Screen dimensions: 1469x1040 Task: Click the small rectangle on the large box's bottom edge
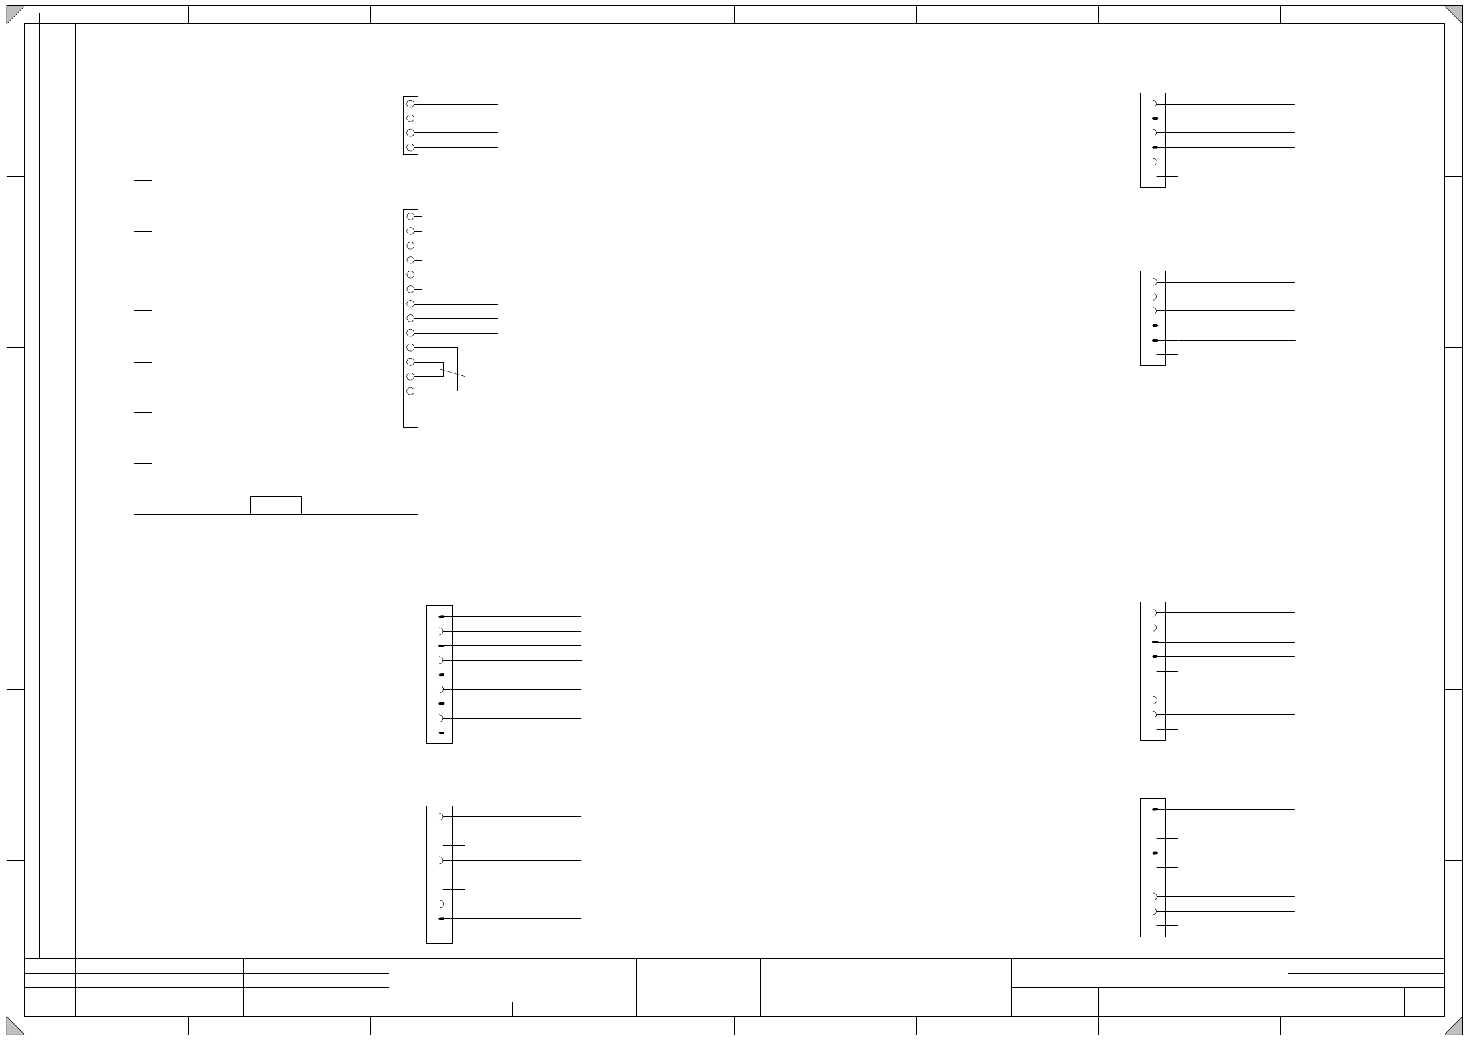click(x=275, y=505)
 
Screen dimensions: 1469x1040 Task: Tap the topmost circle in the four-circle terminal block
click(x=410, y=104)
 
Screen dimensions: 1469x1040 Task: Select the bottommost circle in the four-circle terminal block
click(x=410, y=148)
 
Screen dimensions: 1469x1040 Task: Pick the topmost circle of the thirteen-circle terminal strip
click(x=410, y=216)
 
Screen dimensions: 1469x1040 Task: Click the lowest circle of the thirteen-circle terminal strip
click(x=410, y=391)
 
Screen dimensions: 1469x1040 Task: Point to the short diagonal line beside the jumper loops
click(x=453, y=373)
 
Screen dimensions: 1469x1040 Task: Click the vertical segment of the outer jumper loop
click(x=457, y=369)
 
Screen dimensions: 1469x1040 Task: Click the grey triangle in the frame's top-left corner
click(x=13, y=13)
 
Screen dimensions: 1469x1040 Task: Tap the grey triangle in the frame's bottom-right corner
click(x=1455, y=1027)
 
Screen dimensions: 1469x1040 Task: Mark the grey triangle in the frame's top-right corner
click(x=1455, y=13)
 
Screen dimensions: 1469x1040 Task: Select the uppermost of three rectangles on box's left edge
click(x=143, y=206)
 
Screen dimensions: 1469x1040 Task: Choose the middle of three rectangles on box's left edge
click(x=143, y=336)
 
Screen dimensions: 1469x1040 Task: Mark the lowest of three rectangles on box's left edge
click(x=143, y=438)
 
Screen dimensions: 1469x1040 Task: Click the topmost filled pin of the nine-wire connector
click(x=442, y=616)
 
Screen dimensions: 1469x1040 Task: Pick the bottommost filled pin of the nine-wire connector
click(x=442, y=733)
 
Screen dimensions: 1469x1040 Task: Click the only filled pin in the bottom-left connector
click(x=442, y=918)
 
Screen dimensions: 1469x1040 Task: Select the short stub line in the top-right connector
click(x=1167, y=177)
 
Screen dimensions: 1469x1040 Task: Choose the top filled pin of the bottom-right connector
click(x=1155, y=809)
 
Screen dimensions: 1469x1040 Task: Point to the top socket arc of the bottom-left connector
click(x=442, y=816)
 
